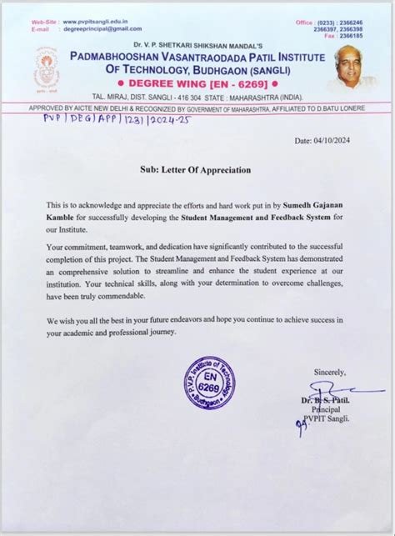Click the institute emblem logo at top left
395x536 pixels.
(x=47, y=68)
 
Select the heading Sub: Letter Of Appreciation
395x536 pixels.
(x=196, y=170)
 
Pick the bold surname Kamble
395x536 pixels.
(x=62, y=216)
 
